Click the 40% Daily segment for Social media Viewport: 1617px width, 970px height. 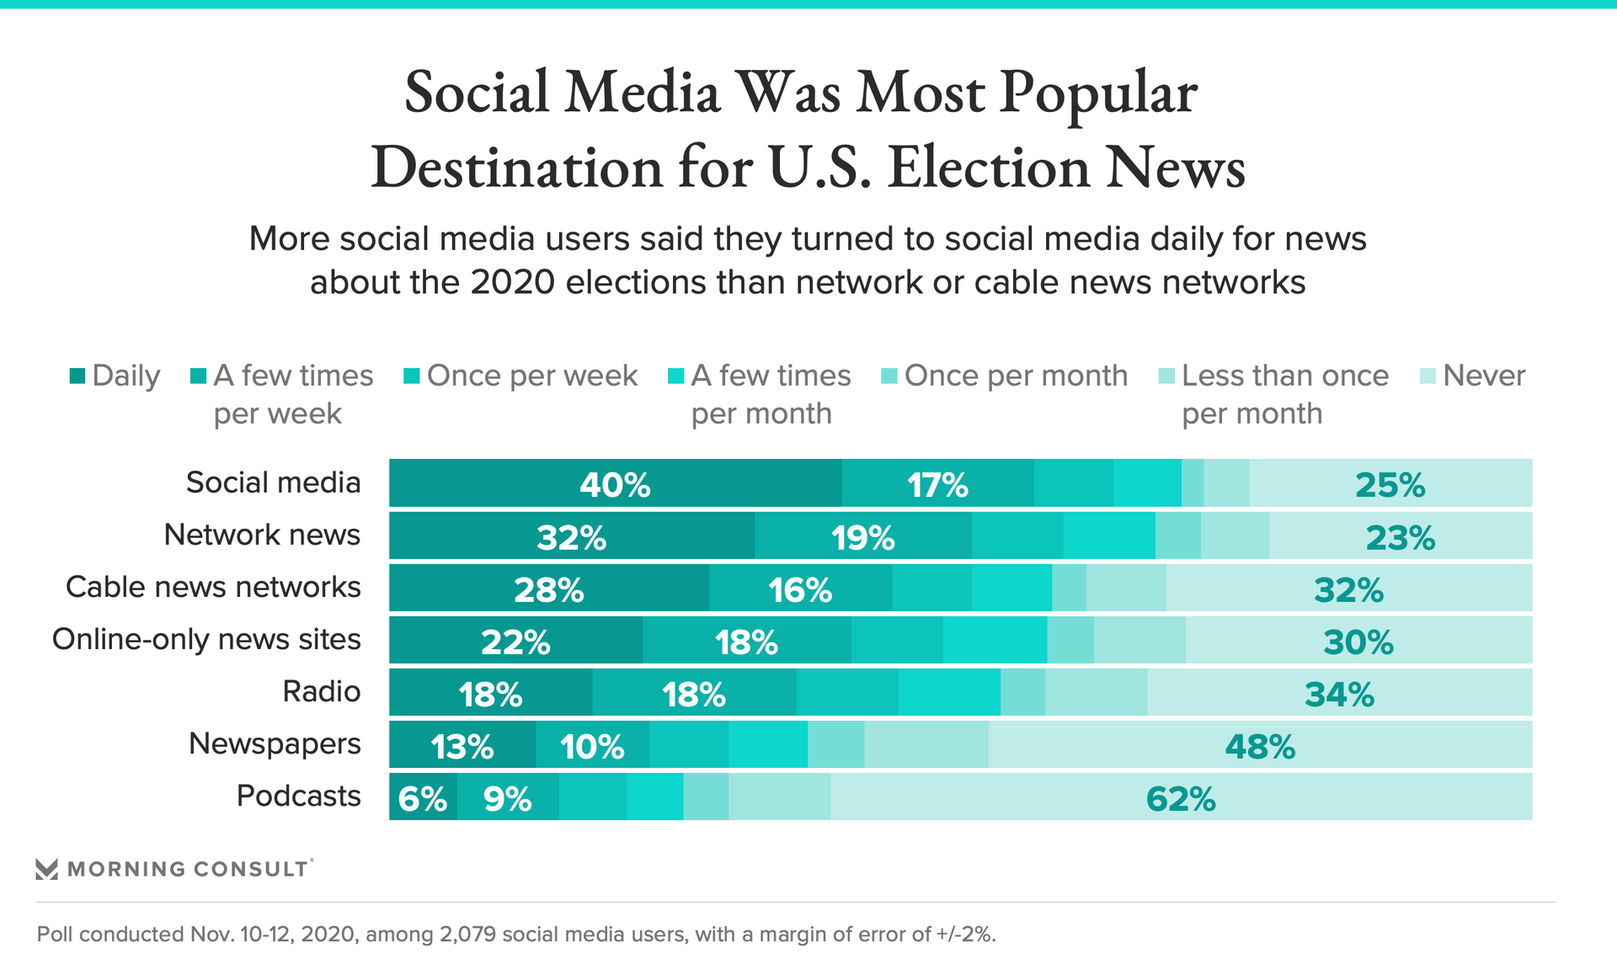(615, 483)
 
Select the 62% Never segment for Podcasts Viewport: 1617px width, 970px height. (1181, 797)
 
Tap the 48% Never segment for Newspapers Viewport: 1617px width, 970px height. (1260, 745)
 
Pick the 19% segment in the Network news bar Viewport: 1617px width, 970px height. (863, 536)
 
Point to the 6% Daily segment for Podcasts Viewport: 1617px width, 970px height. (423, 797)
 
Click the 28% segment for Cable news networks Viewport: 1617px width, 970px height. (548, 589)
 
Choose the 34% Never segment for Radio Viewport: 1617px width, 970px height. (1339, 693)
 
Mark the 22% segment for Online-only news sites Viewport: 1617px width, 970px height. (515, 641)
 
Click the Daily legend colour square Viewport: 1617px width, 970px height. (77, 376)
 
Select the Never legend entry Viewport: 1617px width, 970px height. (1483, 376)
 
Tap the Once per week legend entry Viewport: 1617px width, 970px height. (531, 376)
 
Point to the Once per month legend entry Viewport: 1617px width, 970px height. (1015, 376)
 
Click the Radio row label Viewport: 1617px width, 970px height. (321, 691)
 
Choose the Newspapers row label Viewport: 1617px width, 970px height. (275, 743)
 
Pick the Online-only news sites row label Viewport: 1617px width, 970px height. (206, 639)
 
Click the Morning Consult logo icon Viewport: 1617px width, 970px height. (47, 869)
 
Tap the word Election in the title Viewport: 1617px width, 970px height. (990, 167)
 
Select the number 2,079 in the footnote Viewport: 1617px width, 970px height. (467, 935)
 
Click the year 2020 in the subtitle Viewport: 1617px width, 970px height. (513, 282)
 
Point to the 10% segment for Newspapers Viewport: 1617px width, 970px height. (592, 745)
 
